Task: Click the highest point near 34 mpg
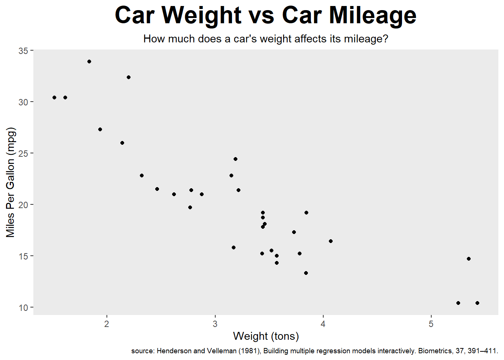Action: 89,61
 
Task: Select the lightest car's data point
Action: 54,97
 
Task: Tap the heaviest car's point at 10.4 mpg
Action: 477,303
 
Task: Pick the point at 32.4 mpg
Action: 129,77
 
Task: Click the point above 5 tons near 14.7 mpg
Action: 469,259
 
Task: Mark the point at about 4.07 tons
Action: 331,241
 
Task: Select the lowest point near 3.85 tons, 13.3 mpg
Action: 306,273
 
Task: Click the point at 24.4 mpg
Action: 235,159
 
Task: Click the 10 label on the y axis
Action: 23,308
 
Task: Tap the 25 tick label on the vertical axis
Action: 23,153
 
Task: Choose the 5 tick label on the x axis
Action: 431,324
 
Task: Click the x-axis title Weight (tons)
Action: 266,336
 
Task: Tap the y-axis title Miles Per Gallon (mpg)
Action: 10,182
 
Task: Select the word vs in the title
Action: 261,16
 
